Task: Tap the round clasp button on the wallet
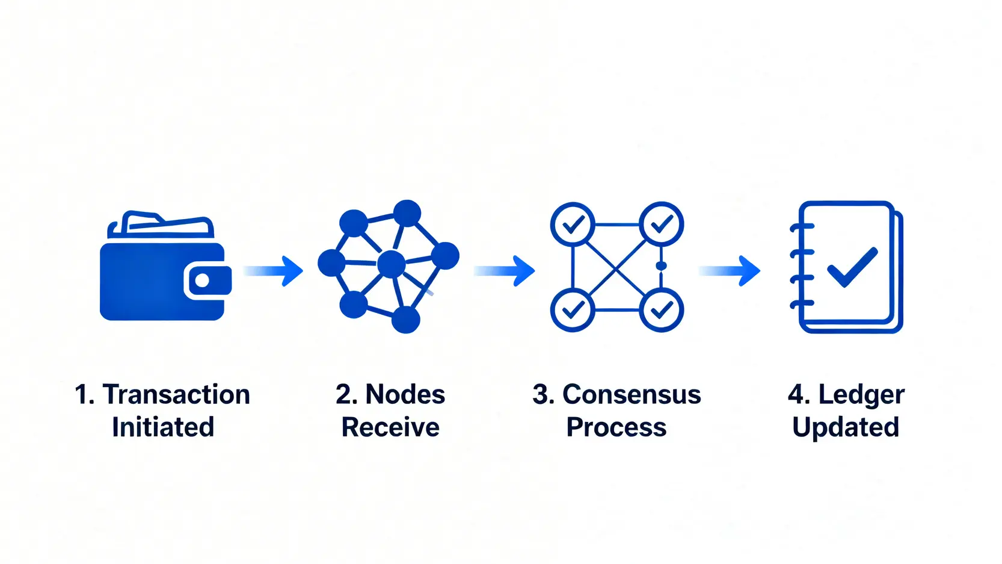[202, 280]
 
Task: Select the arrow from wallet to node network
[273, 271]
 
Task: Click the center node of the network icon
[392, 264]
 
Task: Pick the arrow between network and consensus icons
[505, 271]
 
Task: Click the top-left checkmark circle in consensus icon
[573, 225]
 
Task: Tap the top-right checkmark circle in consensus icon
[661, 224]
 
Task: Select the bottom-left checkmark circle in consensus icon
[573, 310]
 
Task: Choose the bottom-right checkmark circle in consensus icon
[661, 310]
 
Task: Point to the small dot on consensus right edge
[661, 266]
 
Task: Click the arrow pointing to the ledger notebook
[730, 271]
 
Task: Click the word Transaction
[176, 394]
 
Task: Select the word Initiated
[163, 427]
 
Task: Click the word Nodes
[405, 394]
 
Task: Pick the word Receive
[390, 427]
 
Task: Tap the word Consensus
[632, 394]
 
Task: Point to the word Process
[616, 427]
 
